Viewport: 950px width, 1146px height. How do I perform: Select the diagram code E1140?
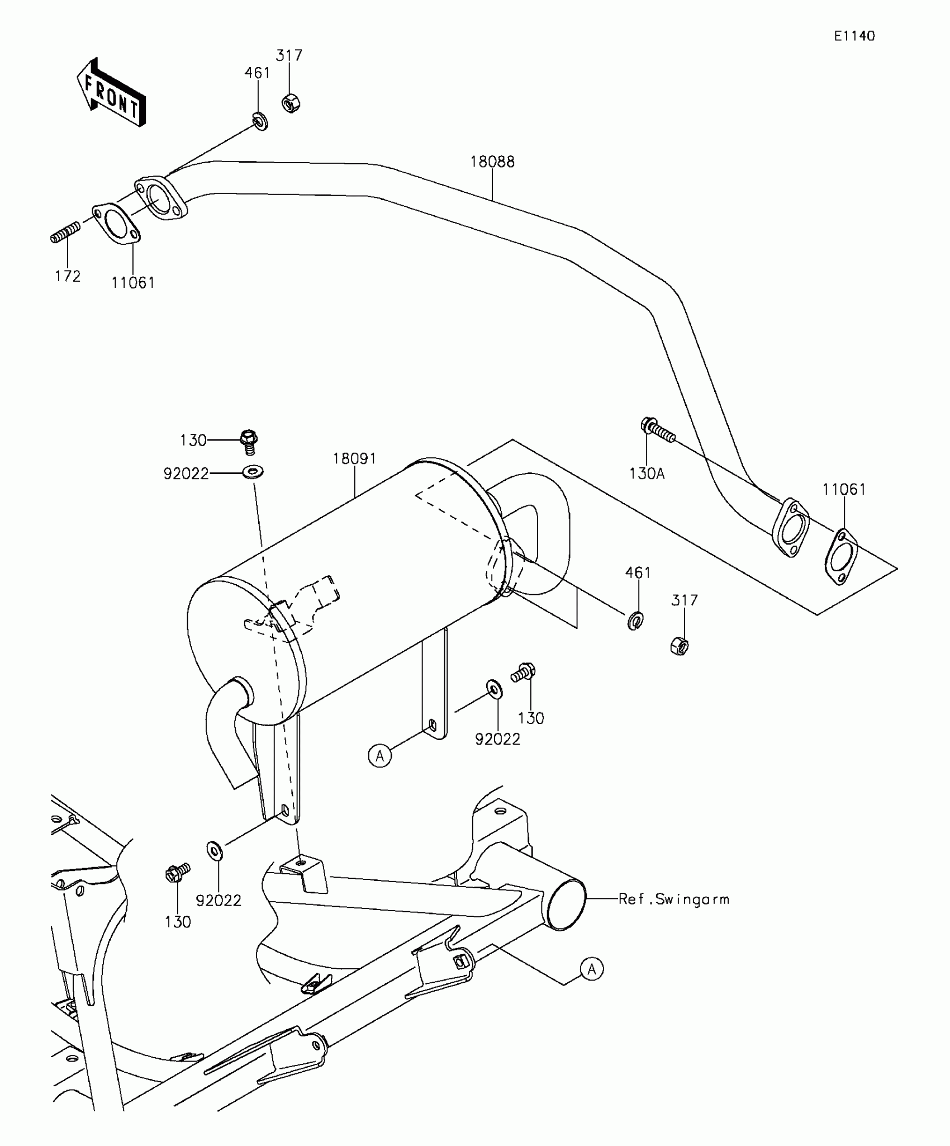pos(854,36)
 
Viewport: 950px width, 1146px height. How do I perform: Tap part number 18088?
pos(492,162)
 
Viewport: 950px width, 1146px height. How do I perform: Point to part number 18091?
pos(355,459)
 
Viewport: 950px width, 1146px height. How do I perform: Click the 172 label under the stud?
pos(68,276)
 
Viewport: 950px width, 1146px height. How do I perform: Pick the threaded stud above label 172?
pos(65,232)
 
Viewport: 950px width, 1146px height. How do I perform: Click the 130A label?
pos(647,474)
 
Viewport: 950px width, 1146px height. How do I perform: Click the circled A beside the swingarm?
pos(592,969)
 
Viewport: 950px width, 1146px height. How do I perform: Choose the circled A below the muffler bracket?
pos(380,756)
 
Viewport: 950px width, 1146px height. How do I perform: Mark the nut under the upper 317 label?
pos(291,103)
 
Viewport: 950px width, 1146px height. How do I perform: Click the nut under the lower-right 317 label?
pos(679,647)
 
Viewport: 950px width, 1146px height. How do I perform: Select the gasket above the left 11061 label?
pos(116,225)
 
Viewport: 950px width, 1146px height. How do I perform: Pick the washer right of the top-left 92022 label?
pos(253,473)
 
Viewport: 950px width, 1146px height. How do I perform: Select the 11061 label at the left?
pos(133,283)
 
